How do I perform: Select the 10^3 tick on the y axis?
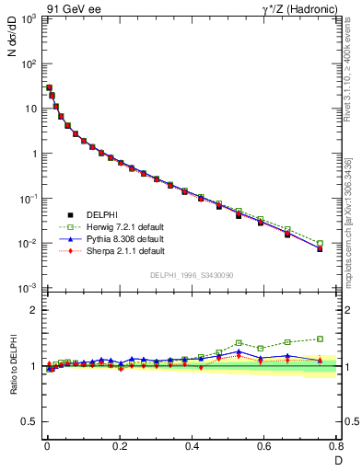pos(27,19)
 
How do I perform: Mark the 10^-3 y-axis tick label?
pos(26,289)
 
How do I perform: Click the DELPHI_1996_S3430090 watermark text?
pos(190,275)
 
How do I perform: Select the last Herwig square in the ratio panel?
pos(320,339)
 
